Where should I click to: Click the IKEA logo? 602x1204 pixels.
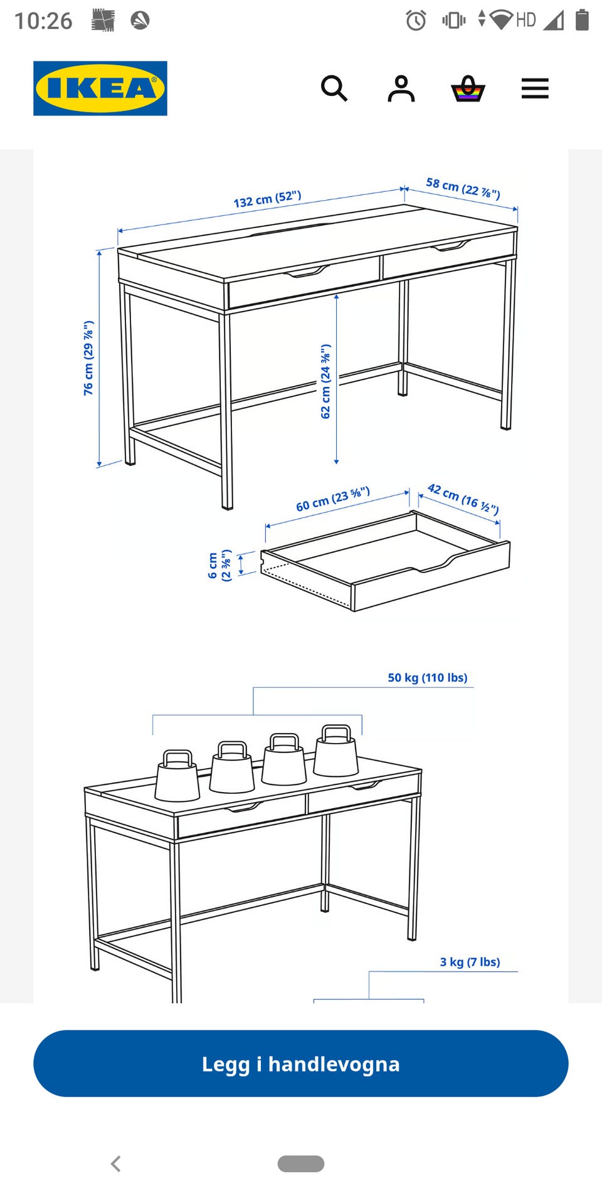tap(100, 88)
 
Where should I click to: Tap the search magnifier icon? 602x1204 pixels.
tap(334, 88)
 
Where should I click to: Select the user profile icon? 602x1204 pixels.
tap(401, 88)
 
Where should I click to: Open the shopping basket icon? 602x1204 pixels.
tap(468, 88)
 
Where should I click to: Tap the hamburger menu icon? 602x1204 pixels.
tap(535, 88)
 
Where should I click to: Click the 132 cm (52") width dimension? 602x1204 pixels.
tap(268, 199)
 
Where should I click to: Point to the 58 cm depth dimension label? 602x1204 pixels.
tap(463, 188)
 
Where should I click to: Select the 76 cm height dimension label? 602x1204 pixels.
tap(88, 358)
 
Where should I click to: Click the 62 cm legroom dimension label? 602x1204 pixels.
tap(325, 381)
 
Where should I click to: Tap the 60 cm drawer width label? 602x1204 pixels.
tap(333, 499)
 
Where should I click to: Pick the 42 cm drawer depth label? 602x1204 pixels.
tap(463, 499)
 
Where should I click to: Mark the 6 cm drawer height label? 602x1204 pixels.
tap(219, 566)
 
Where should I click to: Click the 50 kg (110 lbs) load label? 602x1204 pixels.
tap(428, 677)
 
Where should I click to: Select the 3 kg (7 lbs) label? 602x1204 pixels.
tap(470, 962)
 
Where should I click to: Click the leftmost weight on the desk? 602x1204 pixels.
tap(177, 776)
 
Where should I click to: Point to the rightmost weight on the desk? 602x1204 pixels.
tap(335, 751)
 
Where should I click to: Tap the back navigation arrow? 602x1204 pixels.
tap(116, 1164)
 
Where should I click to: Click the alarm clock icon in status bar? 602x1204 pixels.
tap(416, 20)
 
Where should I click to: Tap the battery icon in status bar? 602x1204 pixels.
tap(582, 20)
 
